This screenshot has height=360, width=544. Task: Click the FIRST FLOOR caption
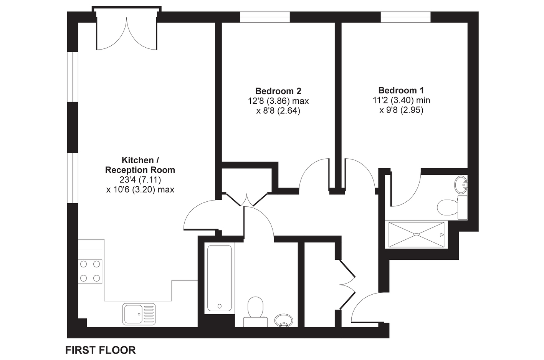[x=101, y=350]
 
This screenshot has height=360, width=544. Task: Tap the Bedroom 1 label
[x=401, y=90]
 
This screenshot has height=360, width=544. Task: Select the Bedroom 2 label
[x=278, y=91]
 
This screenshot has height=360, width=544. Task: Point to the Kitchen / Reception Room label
[x=140, y=165]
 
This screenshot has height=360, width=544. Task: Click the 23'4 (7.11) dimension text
[x=140, y=180]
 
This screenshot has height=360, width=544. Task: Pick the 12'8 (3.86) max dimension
[x=278, y=101]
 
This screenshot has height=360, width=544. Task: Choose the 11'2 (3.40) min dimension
[x=401, y=100]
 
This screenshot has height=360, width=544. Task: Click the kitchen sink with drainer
[x=139, y=314]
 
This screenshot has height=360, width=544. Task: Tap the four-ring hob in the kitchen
[x=90, y=271]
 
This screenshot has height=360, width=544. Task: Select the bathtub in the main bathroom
[x=220, y=278]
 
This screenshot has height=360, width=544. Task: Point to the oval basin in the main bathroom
[x=284, y=321]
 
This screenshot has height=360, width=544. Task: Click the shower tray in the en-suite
[x=416, y=235]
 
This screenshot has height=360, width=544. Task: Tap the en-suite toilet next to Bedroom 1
[x=452, y=207]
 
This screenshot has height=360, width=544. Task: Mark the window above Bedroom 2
[x=265, y=17]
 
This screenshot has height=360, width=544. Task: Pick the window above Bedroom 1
[x=405, y=17]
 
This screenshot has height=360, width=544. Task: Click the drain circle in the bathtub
[x=220, y=306]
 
